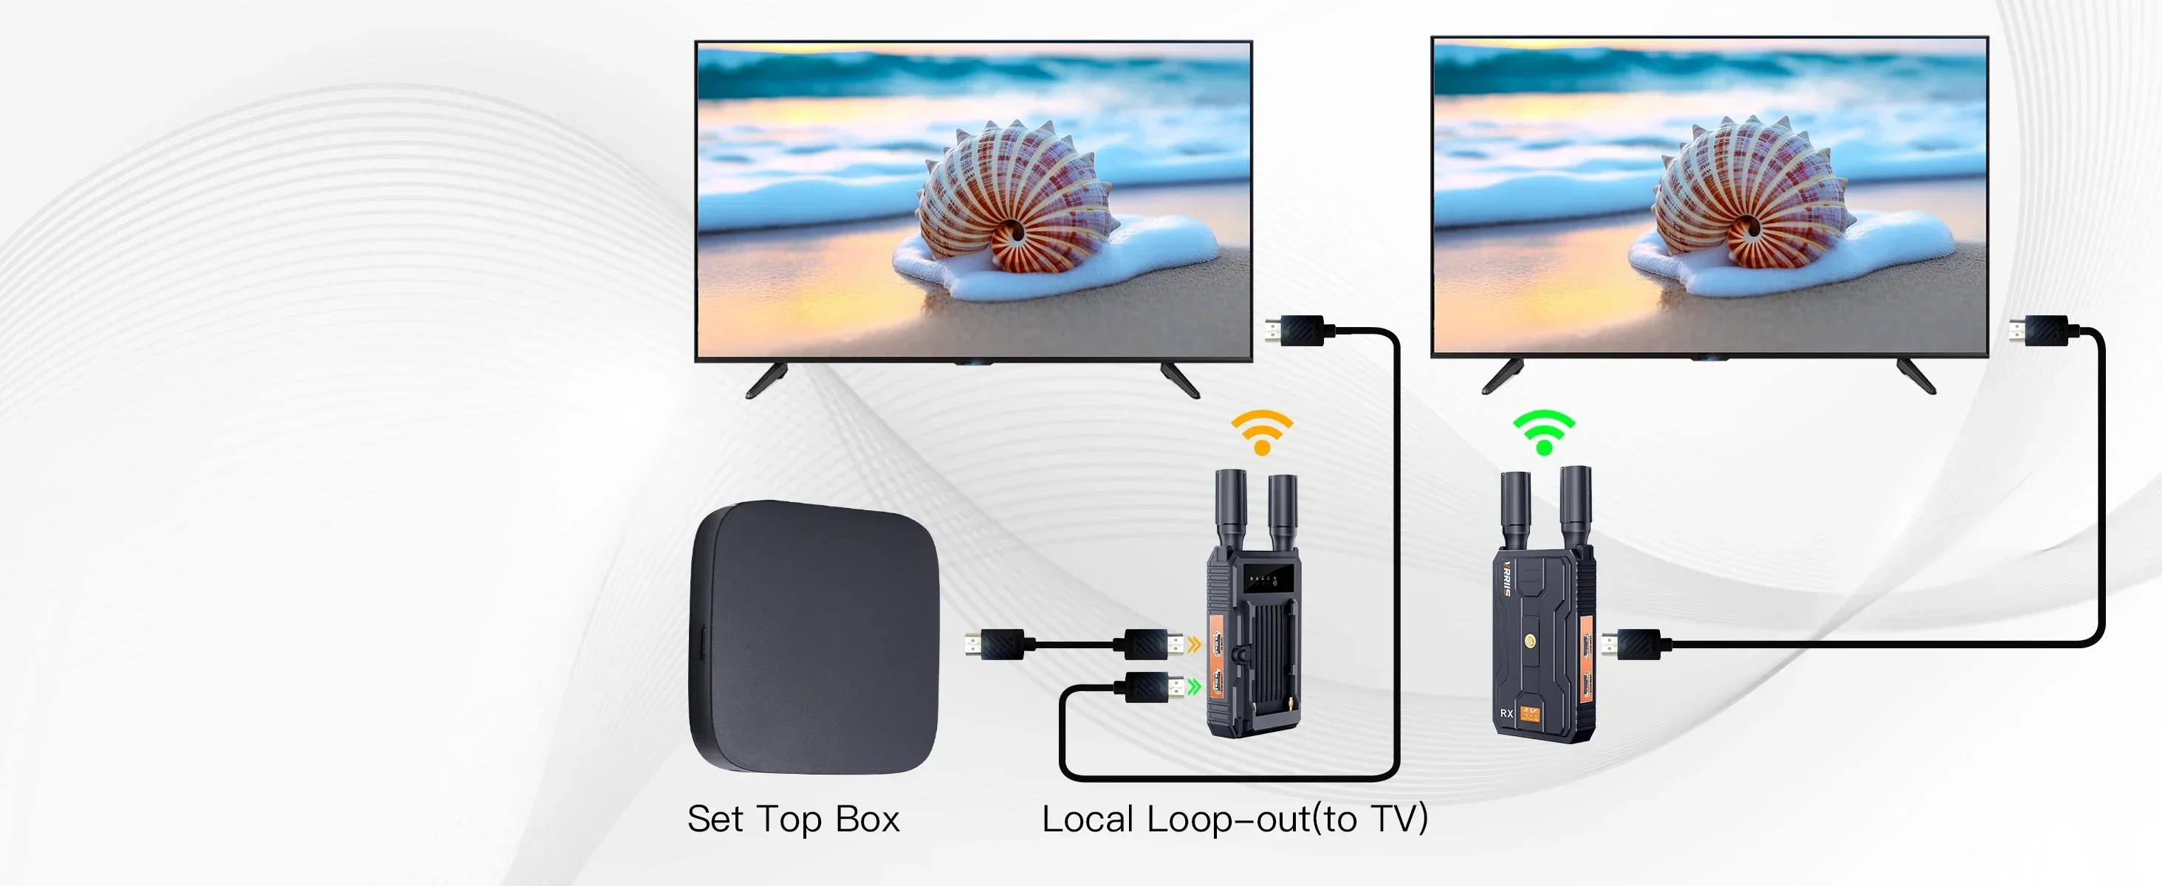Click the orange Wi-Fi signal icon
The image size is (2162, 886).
pos(1261,431)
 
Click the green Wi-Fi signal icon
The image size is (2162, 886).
pos(1543,431)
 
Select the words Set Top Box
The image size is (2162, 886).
pos(793,819)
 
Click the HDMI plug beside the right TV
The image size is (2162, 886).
pos(2040,330)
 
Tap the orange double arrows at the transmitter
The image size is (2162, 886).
pos(1194,645)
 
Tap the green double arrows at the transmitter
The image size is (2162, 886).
pos(1194,687)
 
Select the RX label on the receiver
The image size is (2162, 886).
pos(1506,713)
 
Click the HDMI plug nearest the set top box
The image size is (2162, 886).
pos(995,645)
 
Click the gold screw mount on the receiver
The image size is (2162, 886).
pos(1530,641)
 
